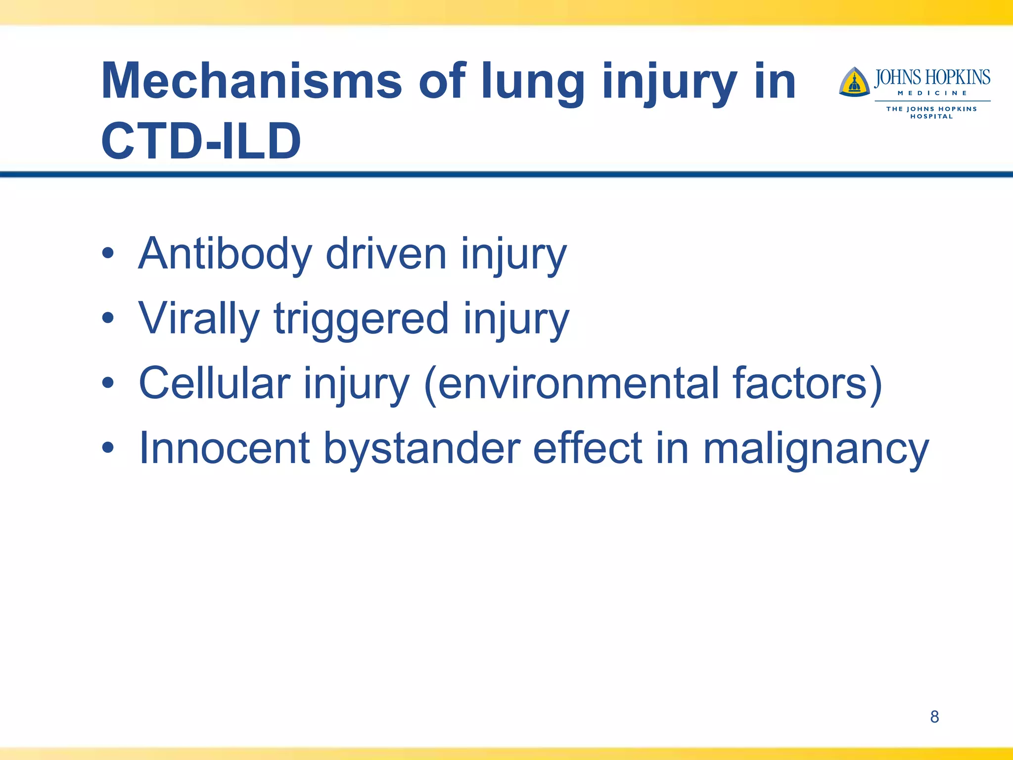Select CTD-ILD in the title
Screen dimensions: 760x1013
[201, 142]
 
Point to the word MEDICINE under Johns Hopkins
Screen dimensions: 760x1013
[932, 93]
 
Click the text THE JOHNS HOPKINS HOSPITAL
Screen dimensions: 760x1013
[931, 112]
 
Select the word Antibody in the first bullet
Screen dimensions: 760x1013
[225, 253]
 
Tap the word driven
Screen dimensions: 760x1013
[386, 253]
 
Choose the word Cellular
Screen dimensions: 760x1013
[214, 383]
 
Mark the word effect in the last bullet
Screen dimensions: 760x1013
[588, 448]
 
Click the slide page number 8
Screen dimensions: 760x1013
[934, 716]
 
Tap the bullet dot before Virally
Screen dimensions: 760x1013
[108, 319]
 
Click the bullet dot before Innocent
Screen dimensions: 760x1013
[108, 448]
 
